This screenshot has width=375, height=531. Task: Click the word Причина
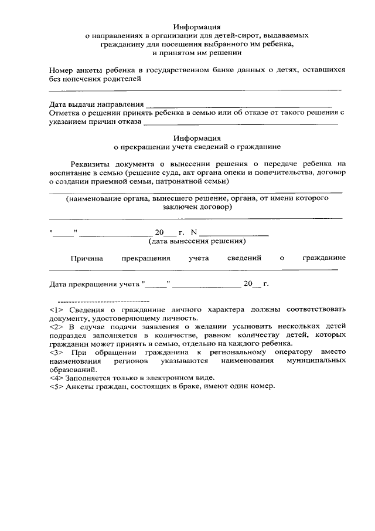click(87, 258)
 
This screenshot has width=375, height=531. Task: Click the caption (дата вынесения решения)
click(197, 241)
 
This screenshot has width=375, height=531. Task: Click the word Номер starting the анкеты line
click(63, 70)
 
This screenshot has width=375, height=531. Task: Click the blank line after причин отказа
click(240, 123)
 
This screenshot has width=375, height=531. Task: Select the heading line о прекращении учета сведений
click(197, 147)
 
